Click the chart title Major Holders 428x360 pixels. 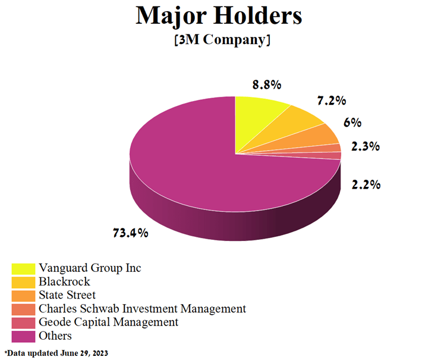(x=219, y=16)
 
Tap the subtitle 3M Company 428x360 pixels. (x=222, y=40)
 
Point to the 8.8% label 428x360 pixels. (x=267, y=85)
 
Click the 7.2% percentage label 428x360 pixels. (x=331, y=101)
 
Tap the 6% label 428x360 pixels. (x=353, y=123)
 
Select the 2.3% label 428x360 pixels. (x=365, y=146)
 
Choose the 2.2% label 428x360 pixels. (x=366, y=185)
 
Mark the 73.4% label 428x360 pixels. (x=130, y=233)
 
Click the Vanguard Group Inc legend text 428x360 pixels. (x=90, y=268)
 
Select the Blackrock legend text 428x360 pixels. (x=64, y=281)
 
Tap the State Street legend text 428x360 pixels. (x=67, y=295)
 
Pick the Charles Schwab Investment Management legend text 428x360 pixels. (x=142, y=309)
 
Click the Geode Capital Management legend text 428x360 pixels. (x=108, y=323)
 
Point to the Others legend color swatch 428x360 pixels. (x=23, y=336)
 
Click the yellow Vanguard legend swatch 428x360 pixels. (x=23, y=269)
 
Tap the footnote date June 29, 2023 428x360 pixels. (x=84, y=353)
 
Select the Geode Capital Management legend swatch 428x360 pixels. (x=23, y=323)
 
